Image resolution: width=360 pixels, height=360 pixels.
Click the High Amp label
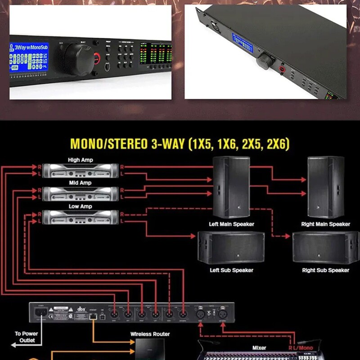[80, 160]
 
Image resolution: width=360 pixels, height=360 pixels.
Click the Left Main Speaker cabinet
[231, 187]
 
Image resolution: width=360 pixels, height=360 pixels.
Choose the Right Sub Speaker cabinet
[325, 247]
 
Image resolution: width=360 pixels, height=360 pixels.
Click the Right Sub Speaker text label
[325, 270]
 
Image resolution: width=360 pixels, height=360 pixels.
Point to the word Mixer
[259, 348]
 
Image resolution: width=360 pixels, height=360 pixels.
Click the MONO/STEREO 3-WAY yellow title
[180, 144]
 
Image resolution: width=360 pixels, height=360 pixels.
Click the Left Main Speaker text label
[231, 224]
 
